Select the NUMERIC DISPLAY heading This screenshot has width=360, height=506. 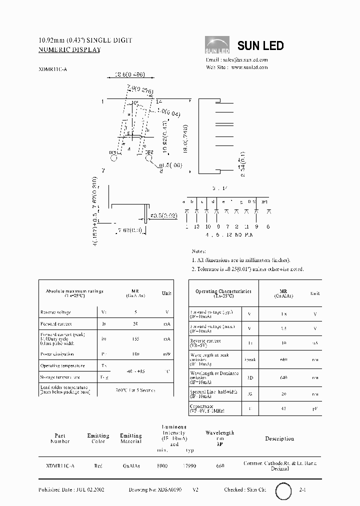pyautogui.click(x=69, y=50)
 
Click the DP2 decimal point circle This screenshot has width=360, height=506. pyautogui.click(x=148, y=158)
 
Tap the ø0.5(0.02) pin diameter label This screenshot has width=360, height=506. pyautogui.click(x=163, y=215)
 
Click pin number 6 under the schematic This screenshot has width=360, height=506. pyautogui.click(x=268, y=226)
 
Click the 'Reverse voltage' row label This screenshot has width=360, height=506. pyautogui.click(x=55, y=312)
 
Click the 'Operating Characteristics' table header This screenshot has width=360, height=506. pyautogui.click(x=223, y=293)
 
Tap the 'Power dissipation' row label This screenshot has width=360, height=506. pyautogui.click(x=57, y=353)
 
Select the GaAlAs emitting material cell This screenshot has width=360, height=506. pyautogui.click(x=131, y=465)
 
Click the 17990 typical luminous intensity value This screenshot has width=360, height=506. pyautogui.click(x=189, y=465)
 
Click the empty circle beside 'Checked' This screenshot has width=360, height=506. pyautogui.click(x=284, y=490)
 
